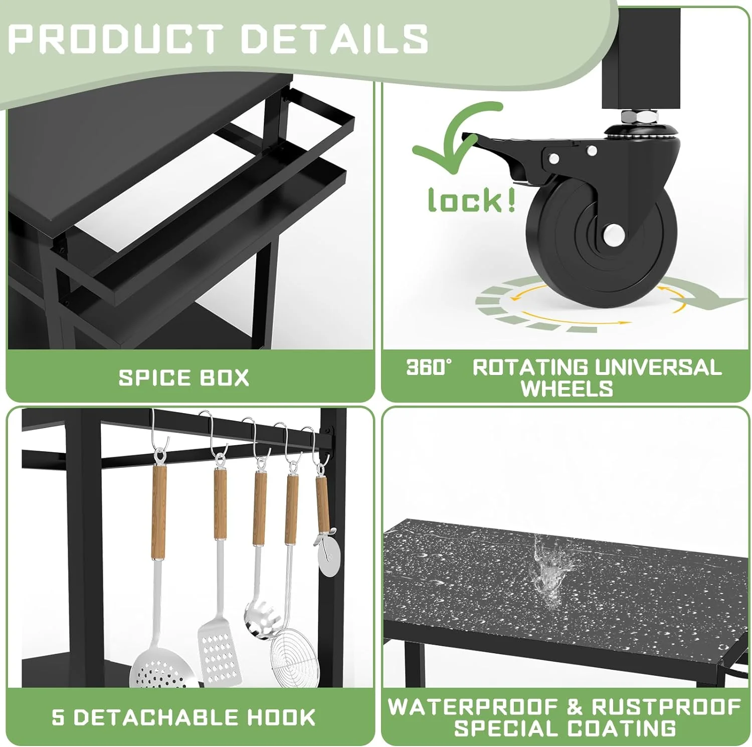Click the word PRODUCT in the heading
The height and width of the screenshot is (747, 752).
click(x=115, y=39)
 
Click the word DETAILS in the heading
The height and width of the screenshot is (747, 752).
click(x=334, y=39)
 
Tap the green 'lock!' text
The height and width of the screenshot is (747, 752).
click(x=471, y=201)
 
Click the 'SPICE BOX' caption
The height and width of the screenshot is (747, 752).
click(x=183, y=378)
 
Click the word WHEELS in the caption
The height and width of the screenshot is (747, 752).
click(x=567, y=389)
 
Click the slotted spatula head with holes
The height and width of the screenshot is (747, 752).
click(x=217, y=652)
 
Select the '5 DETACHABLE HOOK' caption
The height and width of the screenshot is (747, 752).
click(x=183, y=717)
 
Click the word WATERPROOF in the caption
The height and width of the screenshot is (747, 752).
click(x=474, y=707)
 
